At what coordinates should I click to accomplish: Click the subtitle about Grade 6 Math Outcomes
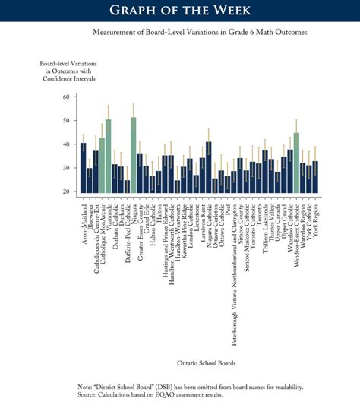pyautogui.click(x=179, y=33)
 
